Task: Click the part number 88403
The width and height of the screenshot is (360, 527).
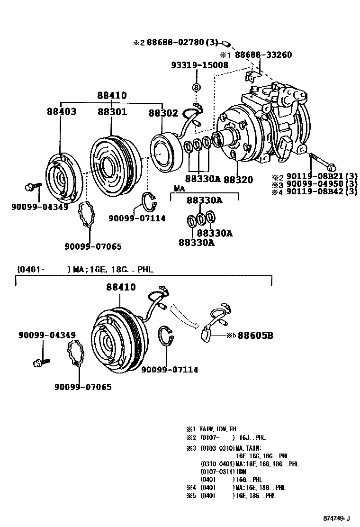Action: pyautogui.click(x=61, y=112)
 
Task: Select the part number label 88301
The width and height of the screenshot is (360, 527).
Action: pyautogui.click(x=112, y=112)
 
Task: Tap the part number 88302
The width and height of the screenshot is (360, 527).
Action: pyautogui.click(x=163, y=113)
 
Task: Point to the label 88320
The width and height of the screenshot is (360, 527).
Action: pyautogui.click(x=238, y=180)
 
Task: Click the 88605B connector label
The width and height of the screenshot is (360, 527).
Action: pyautogui.click(x=255, y=336)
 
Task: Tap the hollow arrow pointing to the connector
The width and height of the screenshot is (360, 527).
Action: pyautogui.click(x=186, y=315)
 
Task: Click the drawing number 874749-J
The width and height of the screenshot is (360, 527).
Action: pyautogui.click(x=337, y=518)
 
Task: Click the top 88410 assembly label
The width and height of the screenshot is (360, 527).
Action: pyautogui.click(x=112, y=95)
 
